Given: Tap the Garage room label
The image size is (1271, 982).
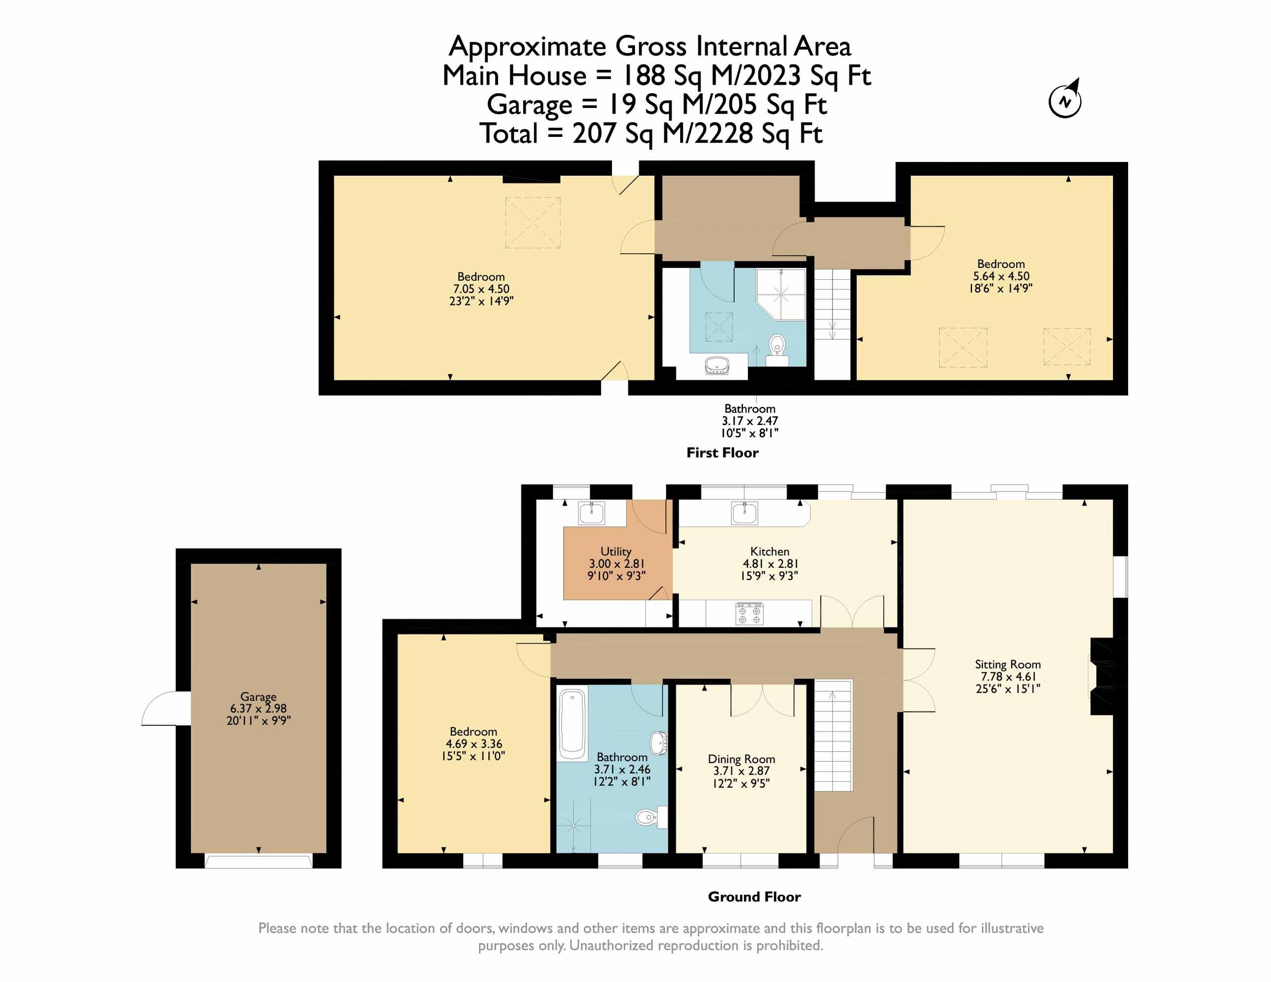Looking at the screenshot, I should point(259,697).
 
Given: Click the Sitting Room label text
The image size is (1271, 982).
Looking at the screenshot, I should point(1008,664).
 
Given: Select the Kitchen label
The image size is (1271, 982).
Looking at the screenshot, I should point(769,551).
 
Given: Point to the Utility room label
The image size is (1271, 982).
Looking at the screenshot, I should point(616,551).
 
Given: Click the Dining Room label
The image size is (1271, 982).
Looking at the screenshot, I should point(741,759).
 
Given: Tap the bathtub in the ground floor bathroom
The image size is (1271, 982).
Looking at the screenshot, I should point(573,724).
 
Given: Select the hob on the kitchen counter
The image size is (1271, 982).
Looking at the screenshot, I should point(750,614).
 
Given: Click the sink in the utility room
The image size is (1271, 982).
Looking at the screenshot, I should point(591,513).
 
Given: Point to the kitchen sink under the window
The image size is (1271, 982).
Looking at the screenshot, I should point(745,513).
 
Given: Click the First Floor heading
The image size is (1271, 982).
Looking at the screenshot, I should point(722,453).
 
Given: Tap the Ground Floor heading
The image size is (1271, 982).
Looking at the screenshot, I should point(754,896).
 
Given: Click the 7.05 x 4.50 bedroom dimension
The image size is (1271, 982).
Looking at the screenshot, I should point(481,289).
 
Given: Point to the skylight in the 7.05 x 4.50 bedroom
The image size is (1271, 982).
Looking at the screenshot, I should point(532,223).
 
